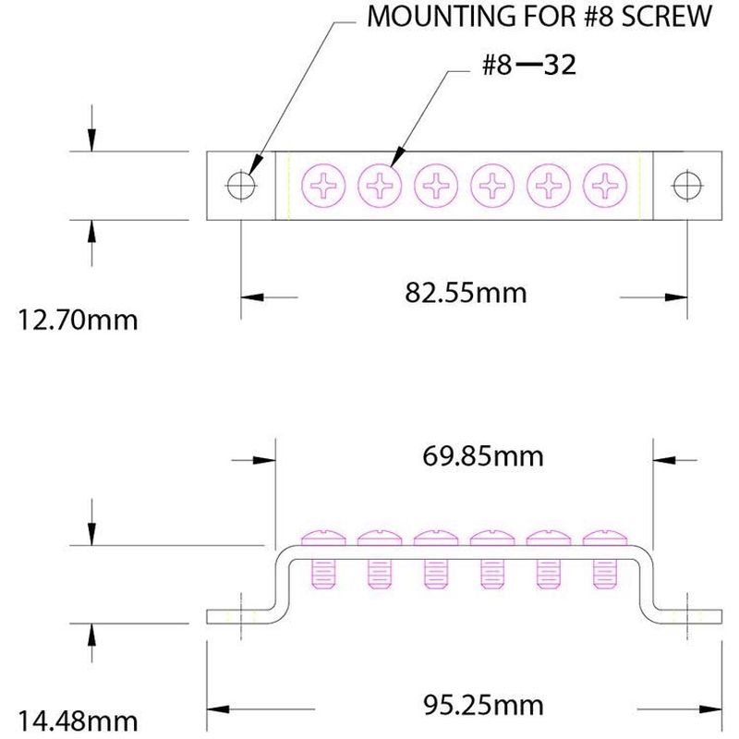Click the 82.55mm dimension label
click(x=466, y=293)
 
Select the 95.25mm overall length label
click(x=484, y=706)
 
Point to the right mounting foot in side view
click(x=693, y=616)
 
